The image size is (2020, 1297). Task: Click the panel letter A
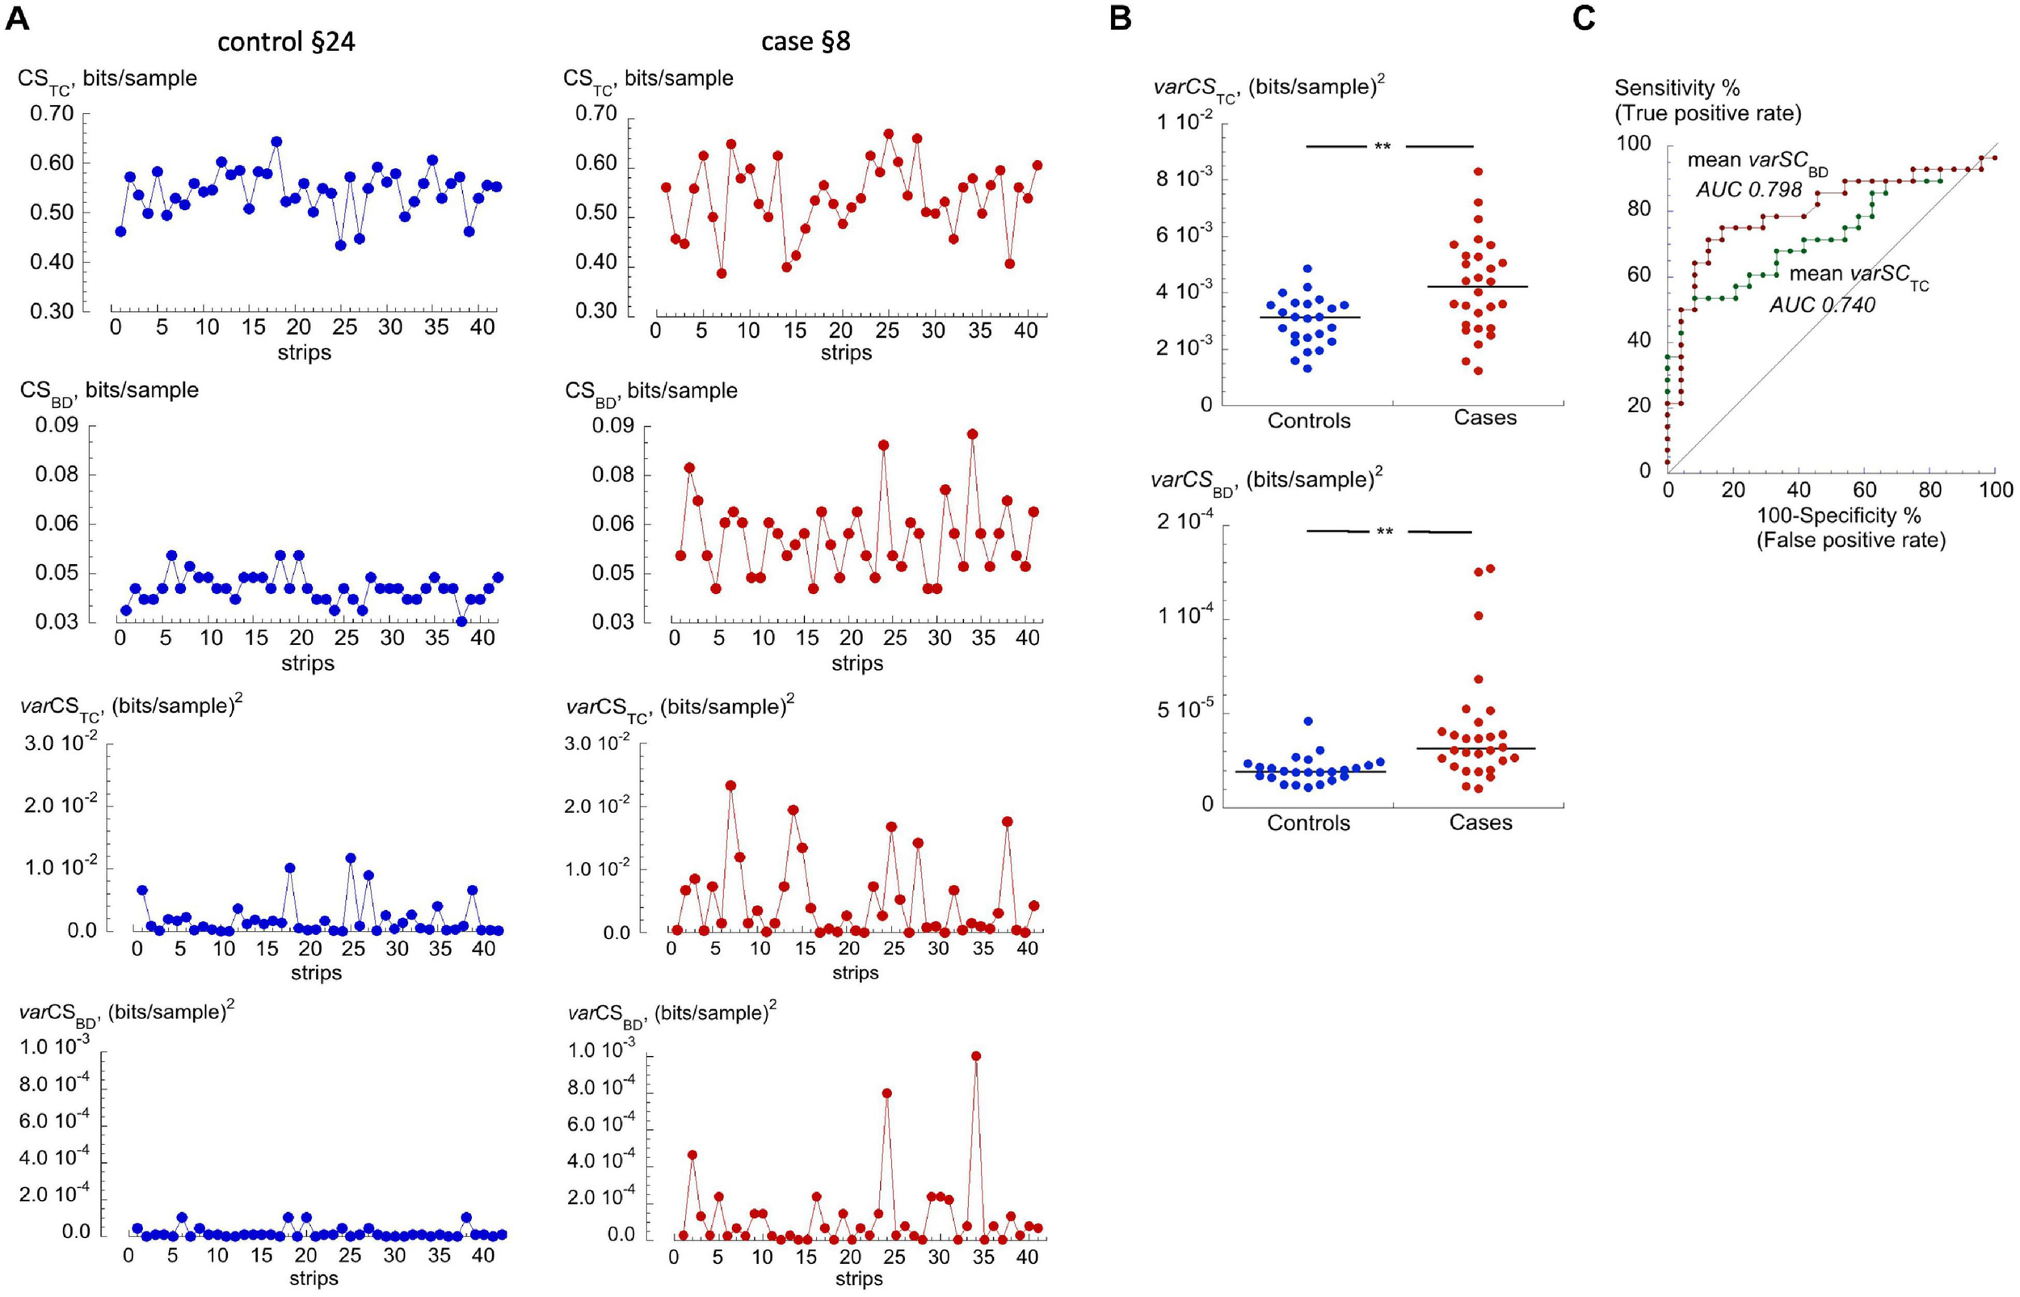pyautogui.click(x=17, y=19)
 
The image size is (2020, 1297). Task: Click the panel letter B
pyautogui.click(x=1120, y=19)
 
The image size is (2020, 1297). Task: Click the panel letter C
pyautogui.click(x=1583, y=19)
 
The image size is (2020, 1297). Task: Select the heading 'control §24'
pyautogui.click(x=285, y=42)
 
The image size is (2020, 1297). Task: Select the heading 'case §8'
pyautogui.click(x=805, y=42)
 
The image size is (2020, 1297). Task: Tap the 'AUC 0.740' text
pyautogui.click(x=1822, y=305)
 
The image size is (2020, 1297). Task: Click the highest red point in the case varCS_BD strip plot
pyautogui.click(x=976, y=1056)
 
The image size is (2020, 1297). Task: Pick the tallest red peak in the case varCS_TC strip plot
pyautogui.click(x=730, y=785)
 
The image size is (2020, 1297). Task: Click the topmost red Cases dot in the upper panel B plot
pyautogui.click(x=1478, y=172)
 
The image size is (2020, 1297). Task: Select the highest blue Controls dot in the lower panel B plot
pyautogui.click(x=1307, y=722)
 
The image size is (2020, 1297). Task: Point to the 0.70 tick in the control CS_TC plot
pyautogui.click(x=53, y=114)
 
